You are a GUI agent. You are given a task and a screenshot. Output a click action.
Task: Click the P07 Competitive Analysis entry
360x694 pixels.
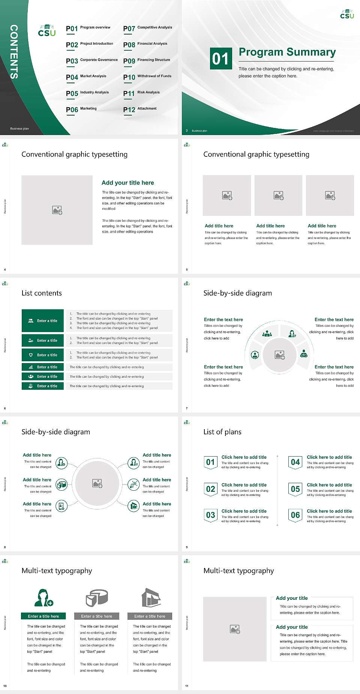[148, 29]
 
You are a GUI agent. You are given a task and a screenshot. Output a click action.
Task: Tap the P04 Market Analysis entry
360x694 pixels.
[86, 77]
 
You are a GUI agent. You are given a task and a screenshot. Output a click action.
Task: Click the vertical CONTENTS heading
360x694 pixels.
[14, 52]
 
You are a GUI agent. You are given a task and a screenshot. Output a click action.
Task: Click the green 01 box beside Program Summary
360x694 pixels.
[220, 59]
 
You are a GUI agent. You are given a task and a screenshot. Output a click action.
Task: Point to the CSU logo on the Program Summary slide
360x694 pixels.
[347, 14]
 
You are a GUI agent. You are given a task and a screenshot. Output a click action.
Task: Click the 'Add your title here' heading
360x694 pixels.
[127, 183]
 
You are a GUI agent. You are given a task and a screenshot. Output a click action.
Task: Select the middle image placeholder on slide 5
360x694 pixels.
[278, 195]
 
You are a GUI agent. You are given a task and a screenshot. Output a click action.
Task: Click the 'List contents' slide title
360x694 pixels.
[42, 293]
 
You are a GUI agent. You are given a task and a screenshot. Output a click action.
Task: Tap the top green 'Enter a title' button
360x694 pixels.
[43, 321]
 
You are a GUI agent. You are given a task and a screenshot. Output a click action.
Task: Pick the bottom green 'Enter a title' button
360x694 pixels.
[43, 386]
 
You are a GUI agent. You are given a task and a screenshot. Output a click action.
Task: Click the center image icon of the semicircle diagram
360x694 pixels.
[279, 355]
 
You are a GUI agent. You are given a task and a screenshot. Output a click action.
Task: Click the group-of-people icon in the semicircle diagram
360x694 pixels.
[267, 333]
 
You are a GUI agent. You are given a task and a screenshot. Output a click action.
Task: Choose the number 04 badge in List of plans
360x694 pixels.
[295, 462]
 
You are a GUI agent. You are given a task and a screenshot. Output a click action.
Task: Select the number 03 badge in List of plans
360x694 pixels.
[210, 515]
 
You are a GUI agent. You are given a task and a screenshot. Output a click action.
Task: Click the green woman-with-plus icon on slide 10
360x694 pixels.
[43, 598]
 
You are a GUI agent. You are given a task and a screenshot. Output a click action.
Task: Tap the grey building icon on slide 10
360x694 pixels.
[151, 598]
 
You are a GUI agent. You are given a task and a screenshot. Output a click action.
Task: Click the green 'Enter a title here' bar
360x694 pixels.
[43, 616]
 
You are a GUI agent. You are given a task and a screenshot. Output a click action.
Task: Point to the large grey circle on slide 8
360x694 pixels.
[97, 484]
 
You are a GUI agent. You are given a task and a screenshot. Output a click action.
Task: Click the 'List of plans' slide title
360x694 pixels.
[222, 432]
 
